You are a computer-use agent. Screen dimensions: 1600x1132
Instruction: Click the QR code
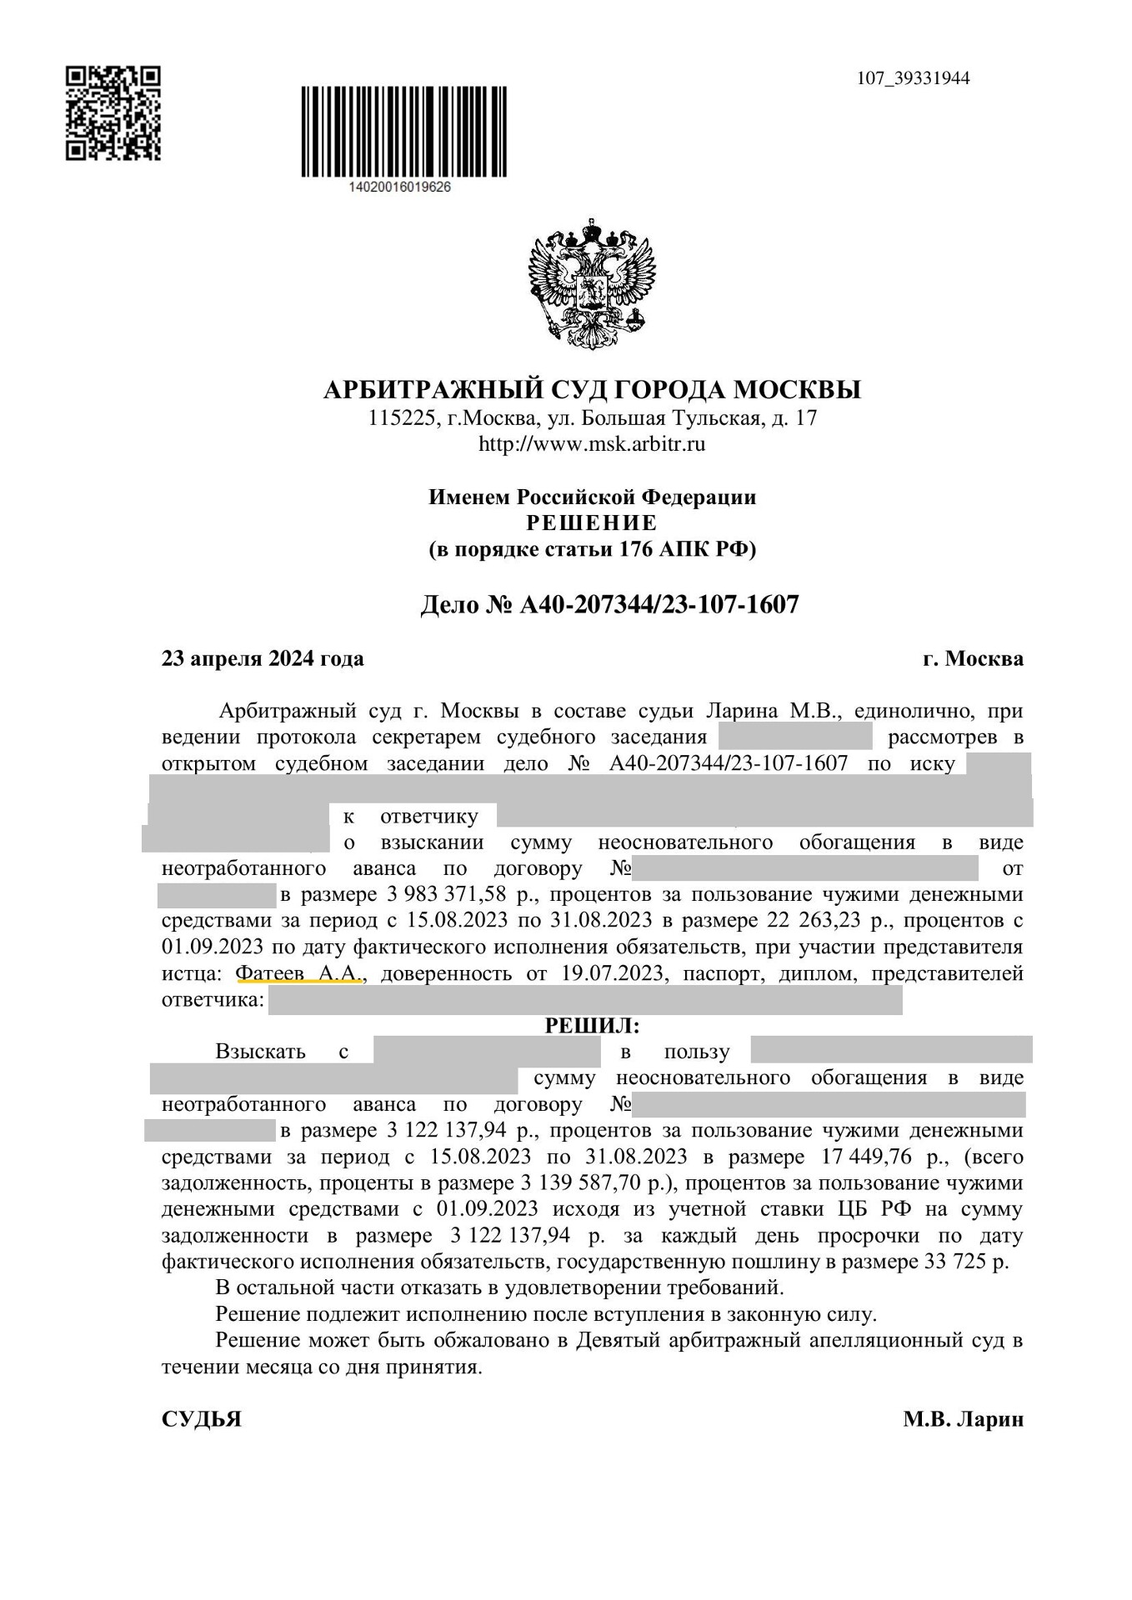pos(113,113)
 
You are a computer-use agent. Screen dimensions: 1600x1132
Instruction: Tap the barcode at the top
pos(403,131)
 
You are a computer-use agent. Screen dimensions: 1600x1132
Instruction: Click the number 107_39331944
pos(913,79)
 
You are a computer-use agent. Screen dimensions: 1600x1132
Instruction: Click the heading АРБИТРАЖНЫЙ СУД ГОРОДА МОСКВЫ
pos(592,390)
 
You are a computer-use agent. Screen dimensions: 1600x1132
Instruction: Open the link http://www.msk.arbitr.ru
pos(592,443)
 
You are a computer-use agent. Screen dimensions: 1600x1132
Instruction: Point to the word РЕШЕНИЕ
pos(592,523)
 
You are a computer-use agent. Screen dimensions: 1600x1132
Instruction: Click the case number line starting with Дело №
pos(609,604)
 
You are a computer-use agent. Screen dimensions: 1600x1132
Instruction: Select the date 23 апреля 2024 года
pos(263,658)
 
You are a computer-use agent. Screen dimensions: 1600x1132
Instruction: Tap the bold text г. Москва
pos(973,658)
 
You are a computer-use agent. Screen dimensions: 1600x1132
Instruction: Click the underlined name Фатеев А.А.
pos(298,973)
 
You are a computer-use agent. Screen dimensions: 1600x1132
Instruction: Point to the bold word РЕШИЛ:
pos(592,1025)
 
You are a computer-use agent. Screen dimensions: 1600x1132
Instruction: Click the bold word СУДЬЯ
pos(201,1419)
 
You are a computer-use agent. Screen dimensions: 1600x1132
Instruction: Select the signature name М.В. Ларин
pos(963,1419)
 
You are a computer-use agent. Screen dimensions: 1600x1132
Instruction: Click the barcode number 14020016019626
pos(401,187)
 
